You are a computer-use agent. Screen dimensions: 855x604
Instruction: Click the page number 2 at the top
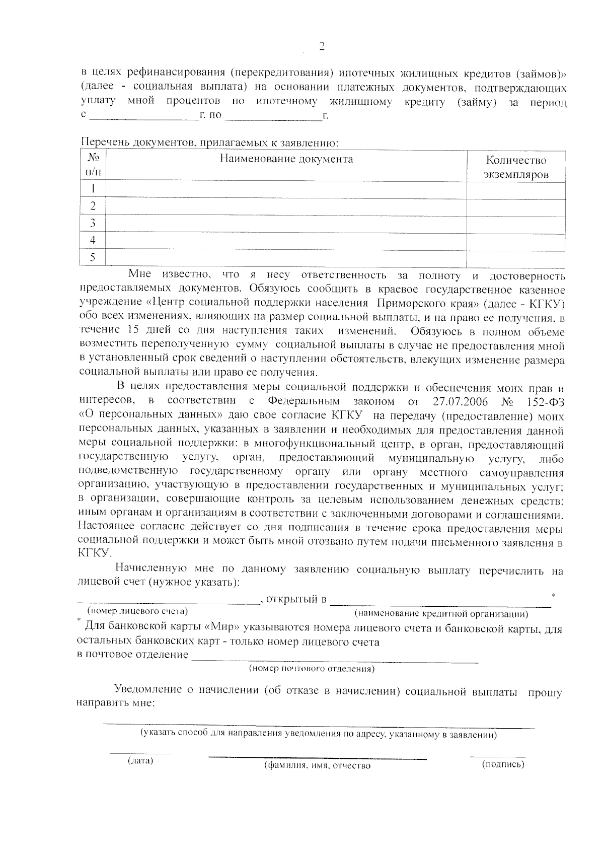322,47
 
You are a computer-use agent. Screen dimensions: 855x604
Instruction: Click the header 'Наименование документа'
286,160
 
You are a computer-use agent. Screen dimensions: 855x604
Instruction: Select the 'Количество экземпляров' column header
516,168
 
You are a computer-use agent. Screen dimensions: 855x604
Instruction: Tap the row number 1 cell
93,190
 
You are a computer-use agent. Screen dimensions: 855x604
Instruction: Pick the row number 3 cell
93,224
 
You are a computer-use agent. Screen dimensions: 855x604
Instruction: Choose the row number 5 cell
93,257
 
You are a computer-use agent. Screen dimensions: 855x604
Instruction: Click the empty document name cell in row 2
286,206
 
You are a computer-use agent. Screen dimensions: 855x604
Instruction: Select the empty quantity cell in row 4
516,240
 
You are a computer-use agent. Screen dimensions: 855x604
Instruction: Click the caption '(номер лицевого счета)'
137,611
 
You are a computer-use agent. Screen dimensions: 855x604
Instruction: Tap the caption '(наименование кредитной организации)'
441,614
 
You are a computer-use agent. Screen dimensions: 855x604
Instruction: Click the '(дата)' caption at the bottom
140,760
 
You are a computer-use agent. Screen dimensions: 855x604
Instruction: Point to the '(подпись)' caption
503,764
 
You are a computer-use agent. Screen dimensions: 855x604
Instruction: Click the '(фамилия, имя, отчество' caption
318,766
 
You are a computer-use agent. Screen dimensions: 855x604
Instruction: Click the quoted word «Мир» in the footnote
222,629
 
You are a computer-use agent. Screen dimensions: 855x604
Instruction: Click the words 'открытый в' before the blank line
296,599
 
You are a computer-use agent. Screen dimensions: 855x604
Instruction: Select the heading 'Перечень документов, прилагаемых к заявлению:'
210,143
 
